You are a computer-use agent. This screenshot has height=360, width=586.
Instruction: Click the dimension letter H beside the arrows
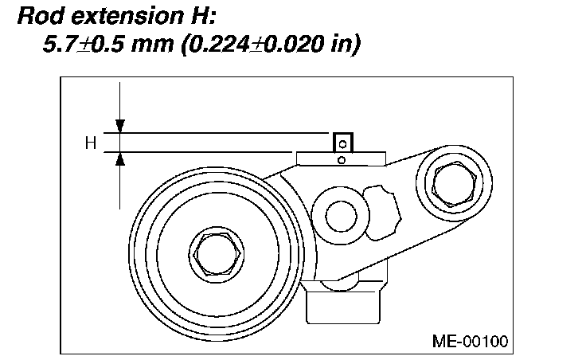pos(91,143)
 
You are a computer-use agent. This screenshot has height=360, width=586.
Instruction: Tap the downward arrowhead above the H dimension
pos(120,126)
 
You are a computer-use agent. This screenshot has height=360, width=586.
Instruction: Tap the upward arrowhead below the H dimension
pos(120,158)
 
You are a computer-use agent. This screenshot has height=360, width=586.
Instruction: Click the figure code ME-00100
pos(470,341)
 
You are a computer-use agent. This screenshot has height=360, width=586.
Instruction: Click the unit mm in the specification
pos(153,45)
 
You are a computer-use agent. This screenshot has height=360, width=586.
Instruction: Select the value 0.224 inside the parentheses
pos(218,44)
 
